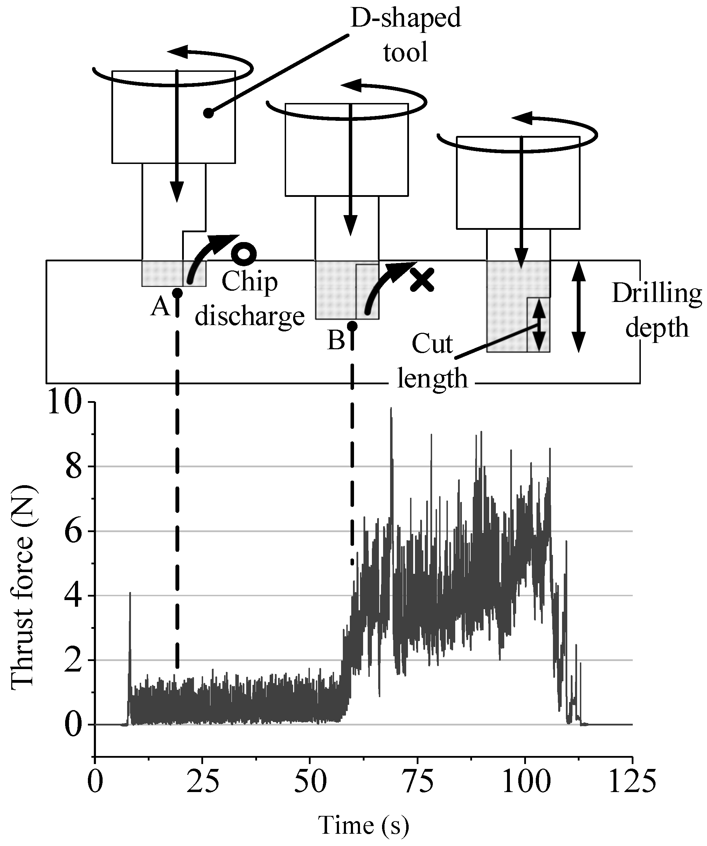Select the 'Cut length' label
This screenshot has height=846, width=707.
tap(432, 361)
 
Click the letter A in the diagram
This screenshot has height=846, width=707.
tap(160, 308)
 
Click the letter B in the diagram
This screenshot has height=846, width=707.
tap(337, 341)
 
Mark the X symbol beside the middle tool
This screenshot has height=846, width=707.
tap(422, 280)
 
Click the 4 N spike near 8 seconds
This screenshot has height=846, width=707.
tap(130, 594)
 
